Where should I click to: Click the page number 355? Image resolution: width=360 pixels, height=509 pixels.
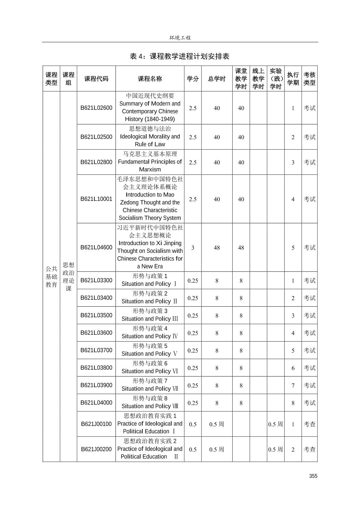pyautogui.click(x=313, y=476)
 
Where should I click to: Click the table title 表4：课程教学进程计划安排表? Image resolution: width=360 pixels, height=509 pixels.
pyautogui.click(x=180, y=56)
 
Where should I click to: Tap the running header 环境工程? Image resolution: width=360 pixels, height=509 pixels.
pyautogui.click(x=180, y=38)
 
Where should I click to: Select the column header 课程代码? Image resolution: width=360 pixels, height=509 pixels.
pyautogui.click(x=96, y=79)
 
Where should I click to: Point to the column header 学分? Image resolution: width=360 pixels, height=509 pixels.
pyautogui.click(x=193, y=79)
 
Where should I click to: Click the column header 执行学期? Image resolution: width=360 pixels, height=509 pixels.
pyautogui.click(x=293, y=79)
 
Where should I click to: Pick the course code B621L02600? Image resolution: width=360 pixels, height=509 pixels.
pyautogui.click(x=96, y=108)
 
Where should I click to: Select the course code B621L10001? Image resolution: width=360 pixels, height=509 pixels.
pyautogui.click(x=96, y=199)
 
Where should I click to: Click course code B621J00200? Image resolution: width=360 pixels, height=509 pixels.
pyautogui.click(x=96, y=449)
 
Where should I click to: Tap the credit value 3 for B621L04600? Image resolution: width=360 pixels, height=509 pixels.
pyautogui.click(x=193, y=248)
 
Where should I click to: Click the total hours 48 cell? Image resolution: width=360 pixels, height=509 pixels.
pyautogui.click(x=217, y=248)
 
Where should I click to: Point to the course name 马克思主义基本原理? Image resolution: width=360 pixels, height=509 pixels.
pyautogui.click(x=150, y=154)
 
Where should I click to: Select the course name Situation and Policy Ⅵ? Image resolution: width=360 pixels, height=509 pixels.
pyautogui.click(x=150, y=371)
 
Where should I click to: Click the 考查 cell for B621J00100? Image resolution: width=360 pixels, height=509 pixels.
pyautogui.click(x=309, y=424)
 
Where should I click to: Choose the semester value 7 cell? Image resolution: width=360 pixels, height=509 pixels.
pyautogui.click(x=293, y=385)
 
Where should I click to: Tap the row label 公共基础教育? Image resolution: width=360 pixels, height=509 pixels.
pyautogui.click(x=51, y=277)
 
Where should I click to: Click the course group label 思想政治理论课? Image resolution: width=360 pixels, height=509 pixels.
pyautogui.click(x=68, y=277)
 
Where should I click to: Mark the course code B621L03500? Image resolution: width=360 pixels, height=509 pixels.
pyautogui.click(x=96, y=315)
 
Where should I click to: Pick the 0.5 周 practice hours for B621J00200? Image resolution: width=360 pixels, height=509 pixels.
pyautogui.click(x=276, y=449)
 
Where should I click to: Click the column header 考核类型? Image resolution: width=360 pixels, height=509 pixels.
pyautogui.click(x=309, y=79)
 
